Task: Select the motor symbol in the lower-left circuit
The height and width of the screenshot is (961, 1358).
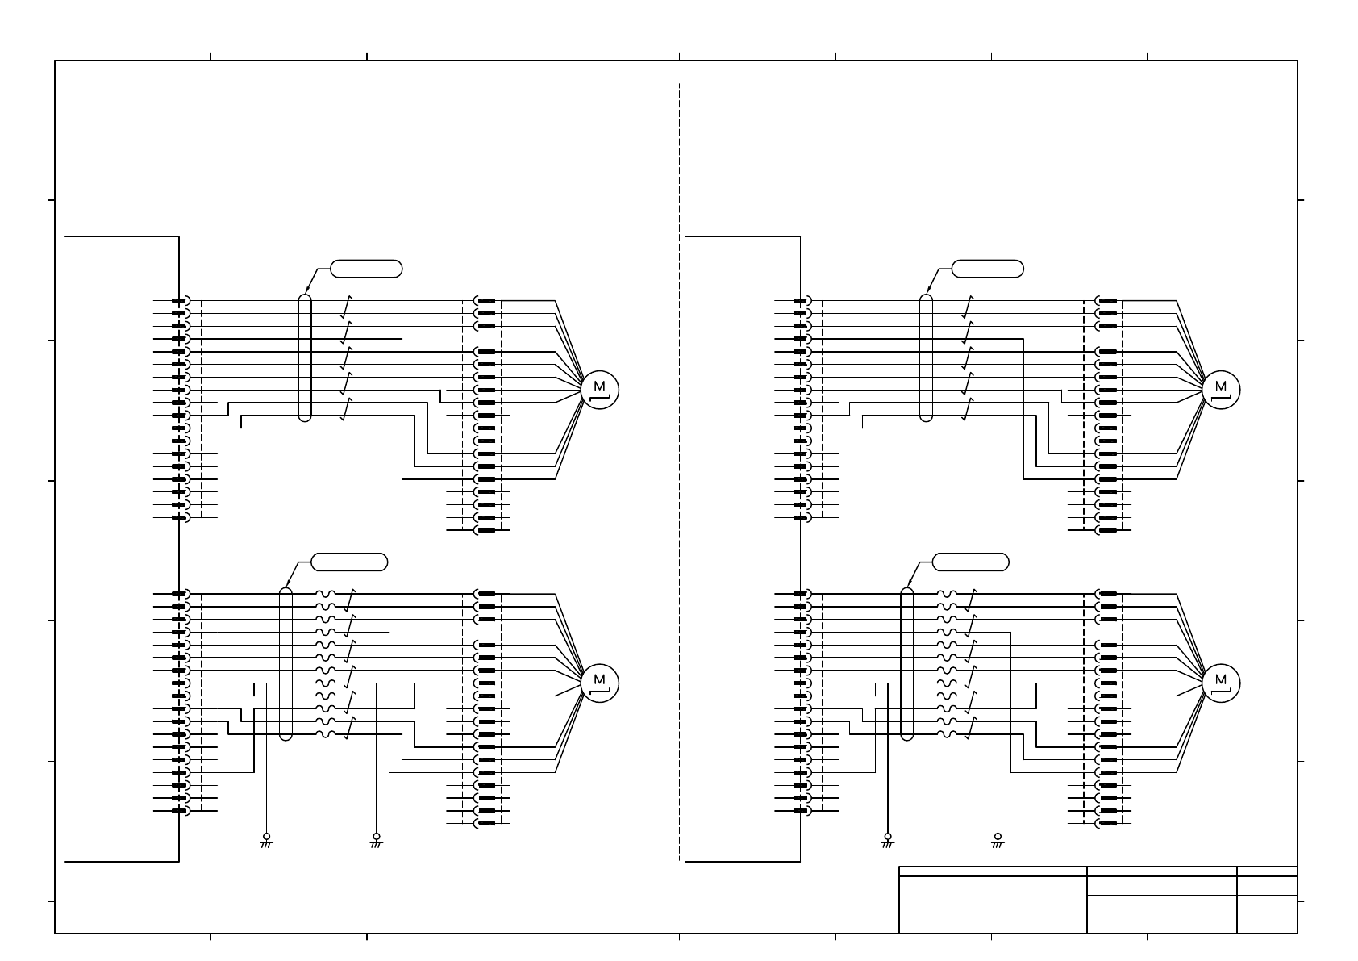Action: (x=599, y=683)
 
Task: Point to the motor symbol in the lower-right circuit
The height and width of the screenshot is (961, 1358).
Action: (x=1221, y=683)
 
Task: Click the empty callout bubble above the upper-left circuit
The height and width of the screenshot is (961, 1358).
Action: (x=366, y=269)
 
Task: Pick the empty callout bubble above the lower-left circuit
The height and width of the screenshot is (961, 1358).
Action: (x=349, y=562)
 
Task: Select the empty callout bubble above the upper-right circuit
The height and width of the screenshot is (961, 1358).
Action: (x=987, y=269)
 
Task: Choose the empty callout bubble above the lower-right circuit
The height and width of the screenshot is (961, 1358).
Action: (x=970, y=562)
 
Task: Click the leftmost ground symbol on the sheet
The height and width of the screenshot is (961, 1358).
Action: (x=266, y=841)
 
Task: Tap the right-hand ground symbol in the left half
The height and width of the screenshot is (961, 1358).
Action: (x=376, y=841)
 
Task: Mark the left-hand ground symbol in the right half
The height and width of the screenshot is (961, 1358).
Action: (x=888, y=841)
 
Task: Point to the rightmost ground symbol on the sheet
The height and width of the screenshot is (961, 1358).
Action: (x=998, y=841)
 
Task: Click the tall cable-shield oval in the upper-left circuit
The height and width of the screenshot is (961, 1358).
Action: (x=304, y=357)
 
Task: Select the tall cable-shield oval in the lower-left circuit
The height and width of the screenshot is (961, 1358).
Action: (x=285, y=663)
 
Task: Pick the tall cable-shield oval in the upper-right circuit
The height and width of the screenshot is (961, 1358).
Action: (x=926, y=357)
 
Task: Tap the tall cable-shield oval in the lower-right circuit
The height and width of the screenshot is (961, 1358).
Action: (x=906, y=663)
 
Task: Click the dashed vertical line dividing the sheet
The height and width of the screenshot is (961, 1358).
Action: (x=680, y=468)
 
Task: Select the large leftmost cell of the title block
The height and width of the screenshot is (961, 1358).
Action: (x=993, y=904)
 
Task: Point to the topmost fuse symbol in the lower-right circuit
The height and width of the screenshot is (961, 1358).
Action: (x=947, y=593)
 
